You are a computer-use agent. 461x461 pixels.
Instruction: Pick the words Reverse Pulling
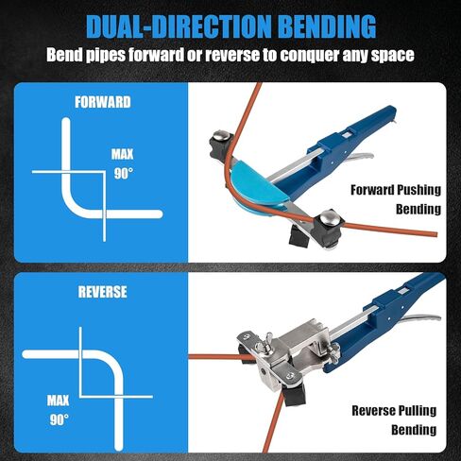point(394,411)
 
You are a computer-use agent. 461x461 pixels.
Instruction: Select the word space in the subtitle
point(390,55)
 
